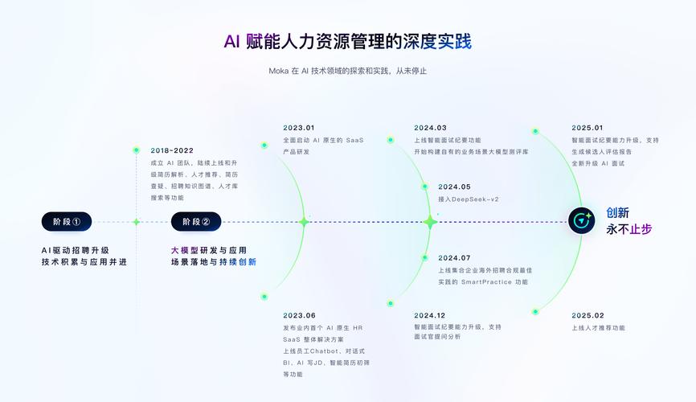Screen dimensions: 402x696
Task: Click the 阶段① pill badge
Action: [67, 222]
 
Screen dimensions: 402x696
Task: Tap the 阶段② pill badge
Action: [196, 222]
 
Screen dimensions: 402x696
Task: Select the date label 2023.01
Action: [299, 127]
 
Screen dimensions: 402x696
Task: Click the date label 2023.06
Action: [299, 315]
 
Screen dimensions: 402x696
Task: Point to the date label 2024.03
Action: [430, 127]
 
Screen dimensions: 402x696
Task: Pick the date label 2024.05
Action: [454, 187]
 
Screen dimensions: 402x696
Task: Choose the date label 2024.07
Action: [454, 258]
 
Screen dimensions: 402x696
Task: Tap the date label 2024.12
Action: [430, 315]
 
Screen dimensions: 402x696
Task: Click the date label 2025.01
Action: [588, 127]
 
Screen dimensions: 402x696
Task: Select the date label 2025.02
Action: [588, 315]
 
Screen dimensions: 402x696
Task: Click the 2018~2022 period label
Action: [172, 150]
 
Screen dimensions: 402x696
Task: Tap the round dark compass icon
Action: [581, 220]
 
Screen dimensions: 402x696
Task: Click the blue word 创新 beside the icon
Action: [617, 213]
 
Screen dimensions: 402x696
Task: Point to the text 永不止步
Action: [628, 229]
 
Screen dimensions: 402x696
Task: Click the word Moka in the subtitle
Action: [279, 71]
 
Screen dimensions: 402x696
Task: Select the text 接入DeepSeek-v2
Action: [468, 199]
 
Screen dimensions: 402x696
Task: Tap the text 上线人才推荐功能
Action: [598, 328]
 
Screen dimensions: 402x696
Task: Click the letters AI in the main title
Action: [232, 41]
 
